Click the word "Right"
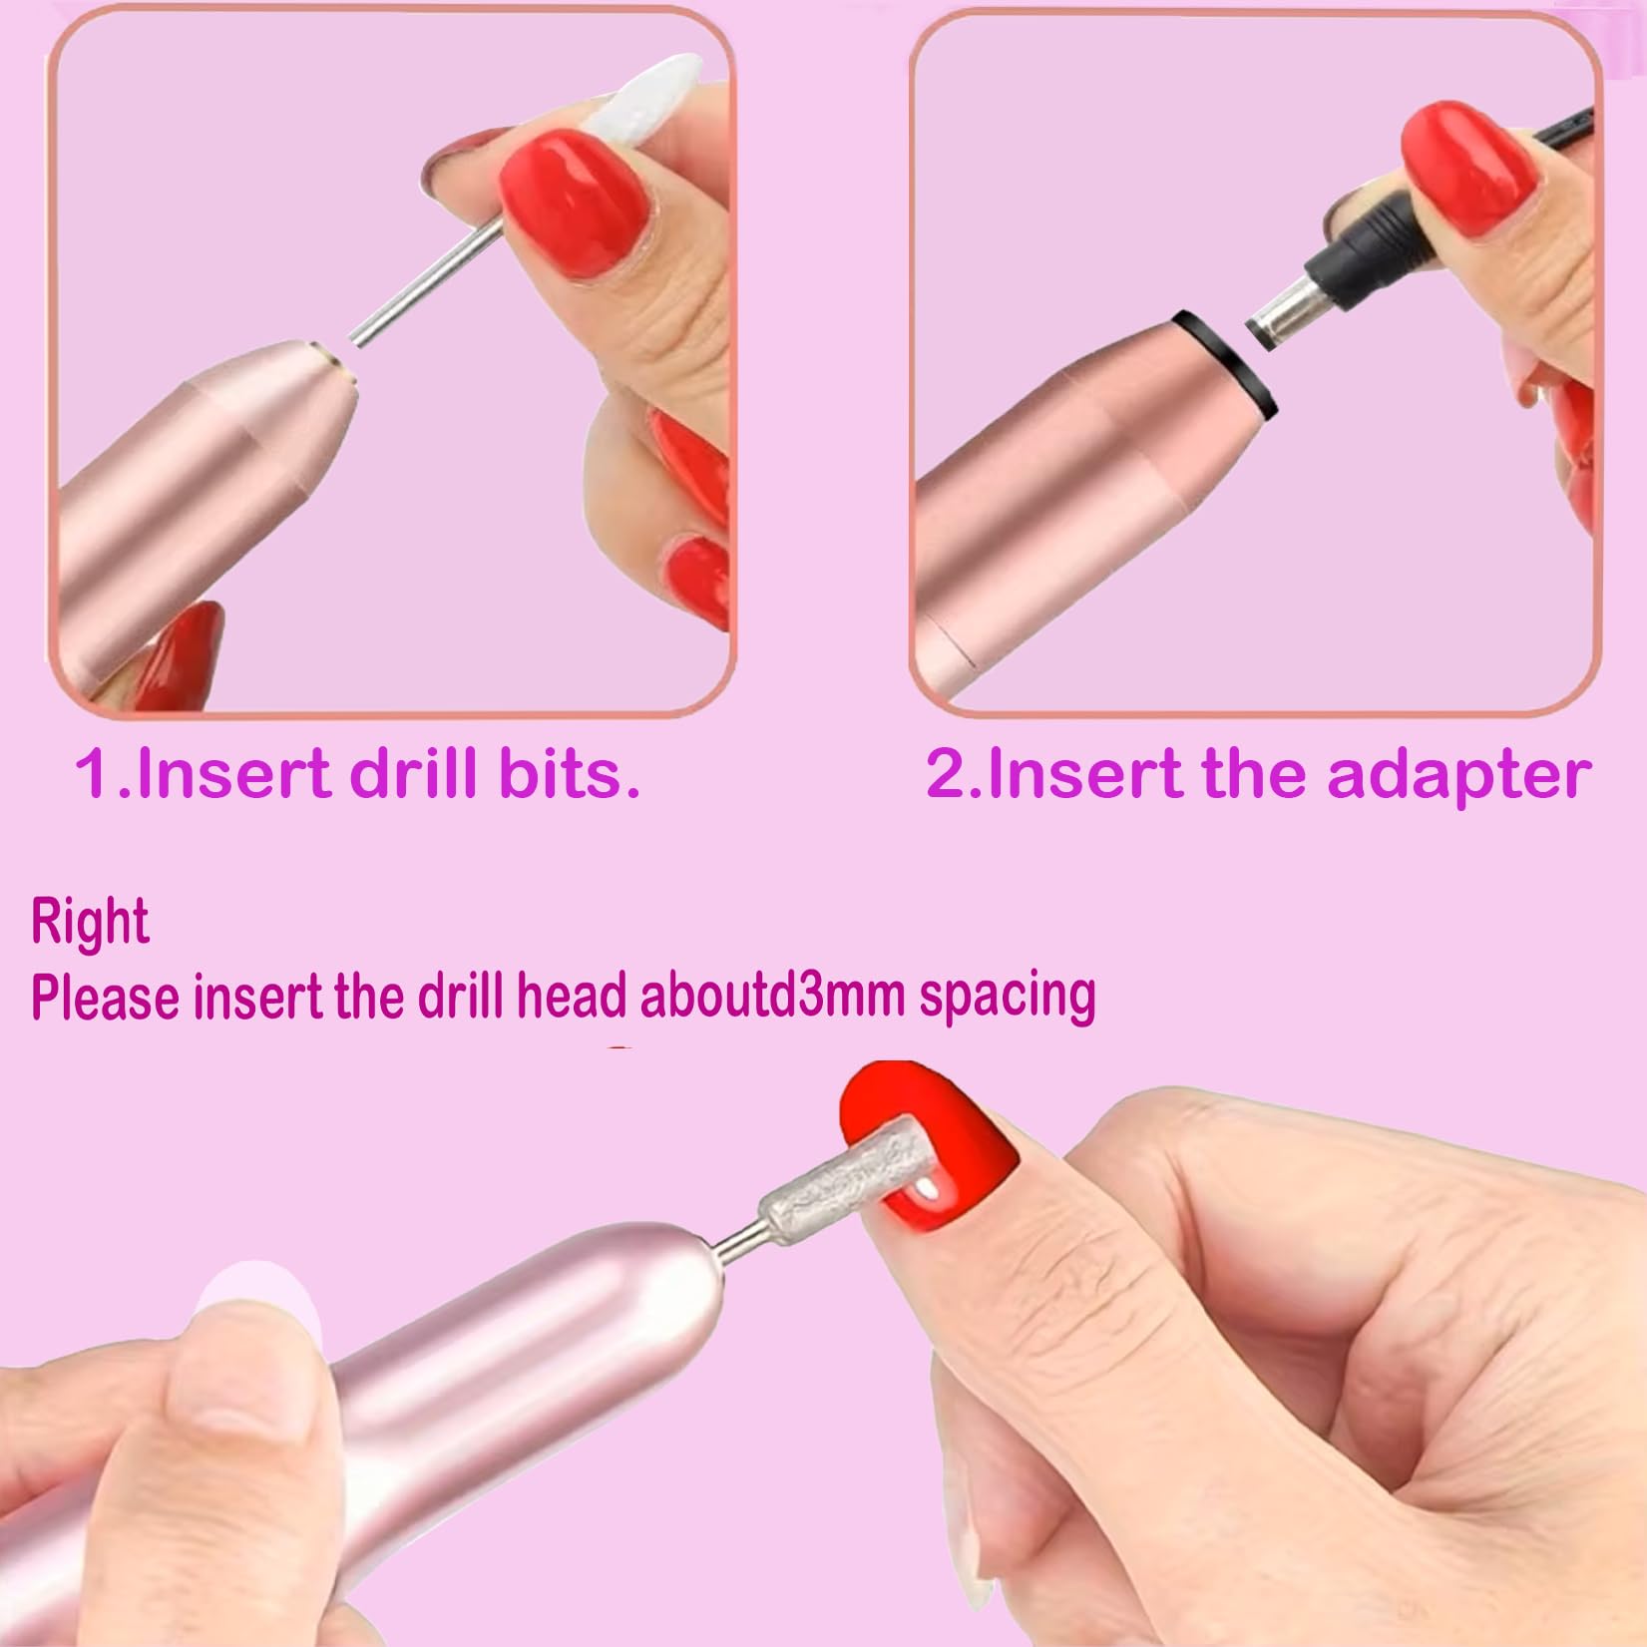tap(90, 920)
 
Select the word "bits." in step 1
tap(569, 773)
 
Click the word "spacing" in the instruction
tap(1008, 996)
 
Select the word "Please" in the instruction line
tap(106, 996)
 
